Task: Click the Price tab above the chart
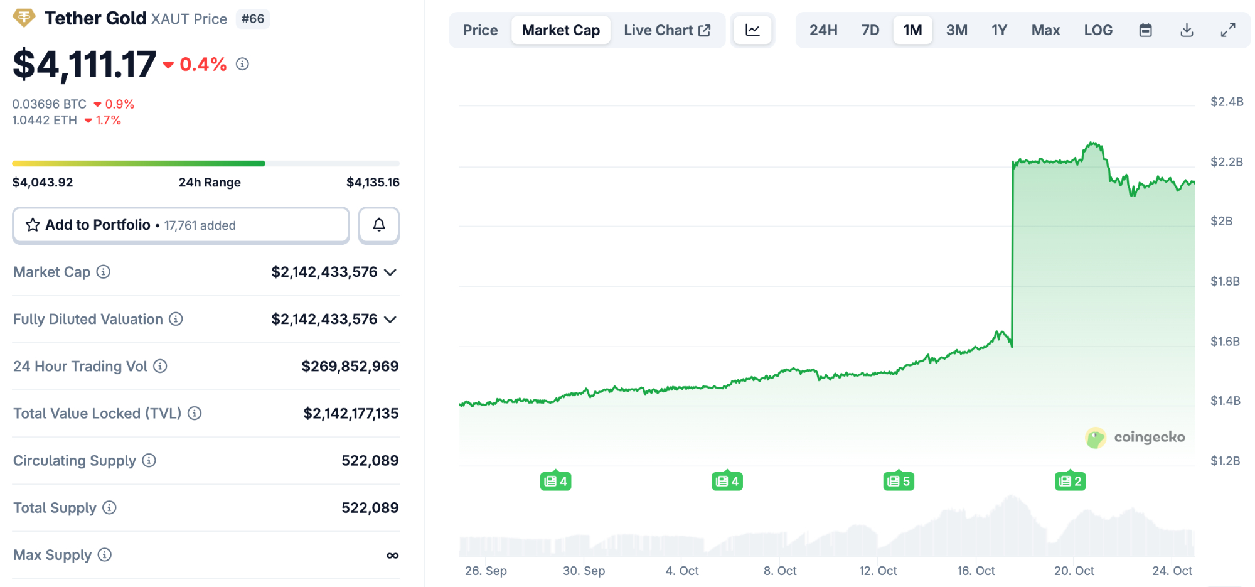[480, 30]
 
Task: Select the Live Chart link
[666, 30]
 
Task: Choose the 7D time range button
[870, 30]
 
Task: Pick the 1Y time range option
[999, 30]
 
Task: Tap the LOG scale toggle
[1098, 30]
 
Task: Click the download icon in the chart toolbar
[1187, 30]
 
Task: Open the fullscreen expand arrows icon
[1228, 30]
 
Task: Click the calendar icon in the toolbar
[1145, 30]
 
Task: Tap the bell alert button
[379, 225]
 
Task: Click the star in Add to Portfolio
[33, 225]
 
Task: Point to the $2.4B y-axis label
[1226, 102]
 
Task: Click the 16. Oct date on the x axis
[976, 571]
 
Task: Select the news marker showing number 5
[899, 482]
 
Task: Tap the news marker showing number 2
[1070, 482]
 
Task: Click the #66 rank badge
[253, 19]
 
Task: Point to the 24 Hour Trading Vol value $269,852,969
[350, 366]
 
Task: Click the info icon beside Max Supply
[105, 554]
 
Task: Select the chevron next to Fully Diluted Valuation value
[390, 320]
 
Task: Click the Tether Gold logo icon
[24, 18]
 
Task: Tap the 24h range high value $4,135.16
[373, 182]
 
